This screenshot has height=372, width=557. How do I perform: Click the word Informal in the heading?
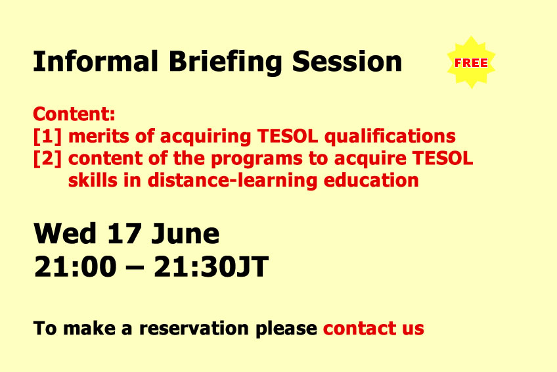[95, 61]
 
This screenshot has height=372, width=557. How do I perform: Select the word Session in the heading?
[347, 62]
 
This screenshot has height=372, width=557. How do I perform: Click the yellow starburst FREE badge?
[472, 62]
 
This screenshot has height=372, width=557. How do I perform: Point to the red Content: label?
[74, 114]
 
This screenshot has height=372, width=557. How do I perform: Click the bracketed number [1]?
[47, 137]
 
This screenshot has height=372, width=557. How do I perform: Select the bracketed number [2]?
[47, 158]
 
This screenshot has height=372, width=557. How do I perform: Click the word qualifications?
[390, 137]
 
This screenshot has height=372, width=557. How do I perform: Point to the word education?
[371, 181]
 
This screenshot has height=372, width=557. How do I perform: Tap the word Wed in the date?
[65, 233]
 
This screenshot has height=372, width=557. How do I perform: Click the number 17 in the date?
[124, 233]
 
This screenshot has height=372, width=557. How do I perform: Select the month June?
[185, 234]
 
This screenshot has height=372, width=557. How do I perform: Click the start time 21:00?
[76, 266]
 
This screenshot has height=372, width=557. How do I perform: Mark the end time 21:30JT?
[212, 266]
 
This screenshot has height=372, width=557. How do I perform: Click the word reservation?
[194, 329]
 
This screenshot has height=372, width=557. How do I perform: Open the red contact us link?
[374, 329]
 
